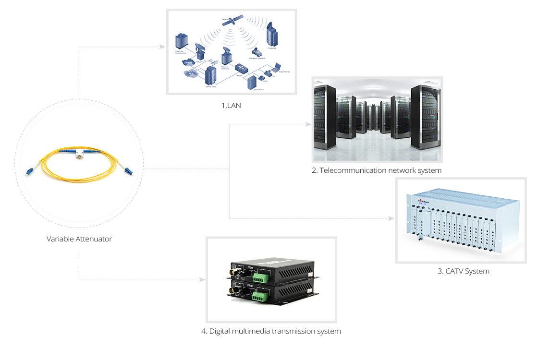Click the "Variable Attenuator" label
point(79,239)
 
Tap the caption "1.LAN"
point(231,105)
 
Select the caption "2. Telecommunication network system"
point(377,170)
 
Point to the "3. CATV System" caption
point(464,271)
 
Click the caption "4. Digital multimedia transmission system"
point(271,331)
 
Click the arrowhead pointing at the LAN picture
point(162,47)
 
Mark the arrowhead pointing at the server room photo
point(308,125)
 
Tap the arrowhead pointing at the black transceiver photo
point(202,279)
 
